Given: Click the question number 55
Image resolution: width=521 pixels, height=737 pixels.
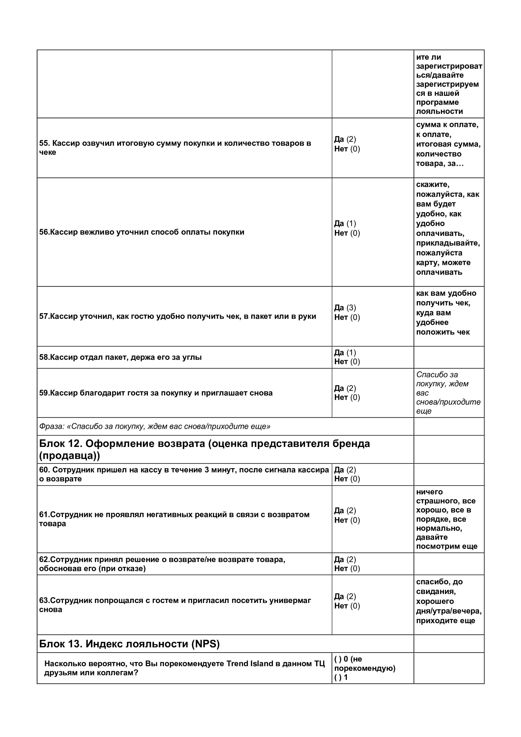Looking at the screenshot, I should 44,143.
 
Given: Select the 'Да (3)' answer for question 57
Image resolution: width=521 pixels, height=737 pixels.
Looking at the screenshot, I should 345,307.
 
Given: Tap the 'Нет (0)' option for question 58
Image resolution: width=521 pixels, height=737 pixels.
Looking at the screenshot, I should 347,361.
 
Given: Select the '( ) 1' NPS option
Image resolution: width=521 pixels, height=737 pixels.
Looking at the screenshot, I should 341,677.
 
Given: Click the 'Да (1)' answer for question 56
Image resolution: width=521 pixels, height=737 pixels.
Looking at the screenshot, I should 345,223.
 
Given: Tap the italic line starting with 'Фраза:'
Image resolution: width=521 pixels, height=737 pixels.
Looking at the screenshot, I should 154,426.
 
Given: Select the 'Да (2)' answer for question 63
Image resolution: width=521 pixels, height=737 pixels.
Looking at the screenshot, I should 345,596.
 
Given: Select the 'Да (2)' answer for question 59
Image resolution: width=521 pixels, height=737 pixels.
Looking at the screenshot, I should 345,388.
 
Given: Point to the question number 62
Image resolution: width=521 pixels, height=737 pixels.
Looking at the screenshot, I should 44,560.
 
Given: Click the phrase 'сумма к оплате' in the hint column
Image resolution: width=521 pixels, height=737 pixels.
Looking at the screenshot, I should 447,125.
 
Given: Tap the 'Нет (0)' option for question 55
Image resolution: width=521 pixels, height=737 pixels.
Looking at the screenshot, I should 347,149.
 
